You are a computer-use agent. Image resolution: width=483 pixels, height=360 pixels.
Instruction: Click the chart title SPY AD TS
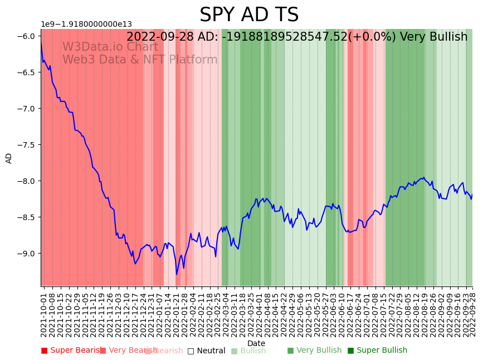(x=249, y=15)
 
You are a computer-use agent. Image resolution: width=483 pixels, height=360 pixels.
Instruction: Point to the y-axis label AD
(x=9, y=158)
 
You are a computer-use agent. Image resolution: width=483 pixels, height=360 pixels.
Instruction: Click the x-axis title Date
(x=256, y=343)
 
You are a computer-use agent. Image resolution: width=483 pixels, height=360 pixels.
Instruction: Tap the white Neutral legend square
(x=191, y=351)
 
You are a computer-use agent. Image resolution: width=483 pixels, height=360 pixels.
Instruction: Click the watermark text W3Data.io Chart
(x=110, y=47)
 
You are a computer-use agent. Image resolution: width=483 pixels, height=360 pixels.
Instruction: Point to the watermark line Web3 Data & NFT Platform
(x=140, y=60)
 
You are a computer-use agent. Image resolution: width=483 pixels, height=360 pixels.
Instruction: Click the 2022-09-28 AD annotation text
(x=296, y=37)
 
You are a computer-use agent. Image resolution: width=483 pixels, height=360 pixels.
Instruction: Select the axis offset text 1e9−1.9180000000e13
(x=86, y=24)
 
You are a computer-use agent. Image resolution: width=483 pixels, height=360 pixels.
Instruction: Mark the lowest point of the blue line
(x=177, y=274)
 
